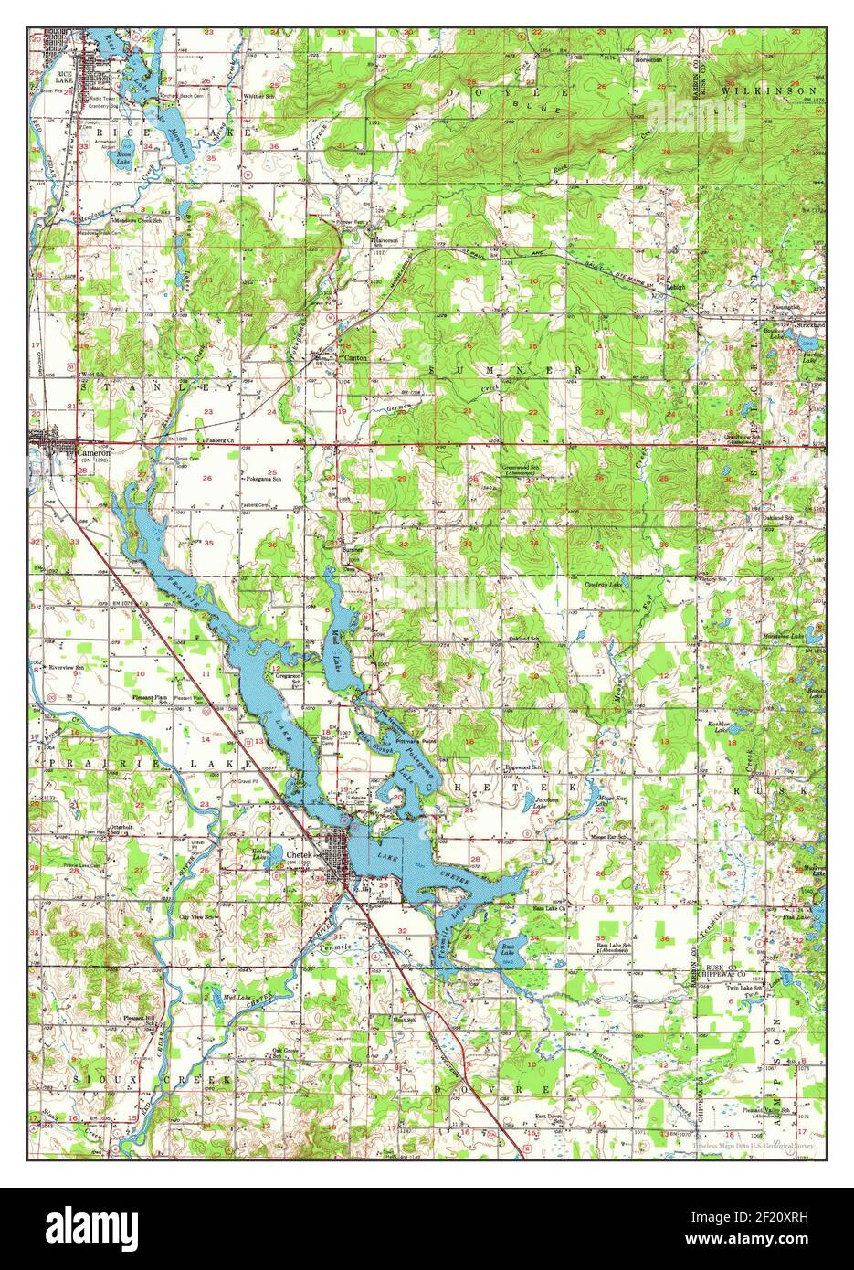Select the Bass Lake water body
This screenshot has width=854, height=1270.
pos(507,956)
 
